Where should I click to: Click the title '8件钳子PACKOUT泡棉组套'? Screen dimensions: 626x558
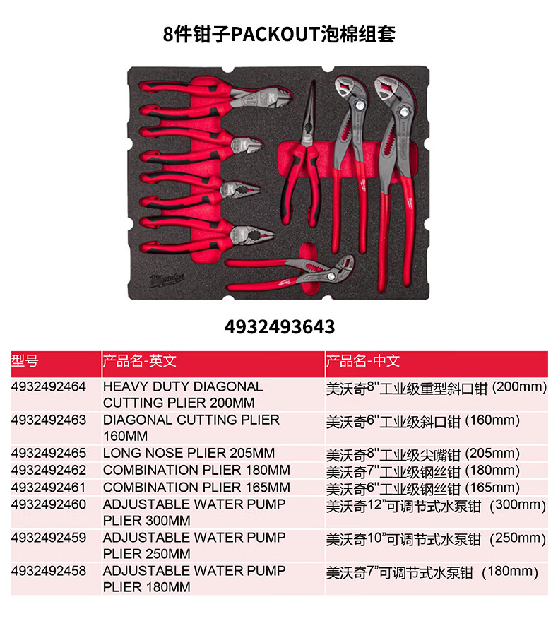279,33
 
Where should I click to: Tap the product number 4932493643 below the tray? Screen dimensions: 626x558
279,326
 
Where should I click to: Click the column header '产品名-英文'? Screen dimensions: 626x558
140,362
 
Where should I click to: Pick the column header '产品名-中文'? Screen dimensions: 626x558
363,362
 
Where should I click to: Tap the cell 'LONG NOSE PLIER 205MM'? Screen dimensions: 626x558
189,454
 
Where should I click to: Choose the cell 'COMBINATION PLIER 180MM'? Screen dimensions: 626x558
196,471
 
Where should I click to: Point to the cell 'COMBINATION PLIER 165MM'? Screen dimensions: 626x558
196,488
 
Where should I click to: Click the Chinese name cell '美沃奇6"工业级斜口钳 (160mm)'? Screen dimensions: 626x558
422,421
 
